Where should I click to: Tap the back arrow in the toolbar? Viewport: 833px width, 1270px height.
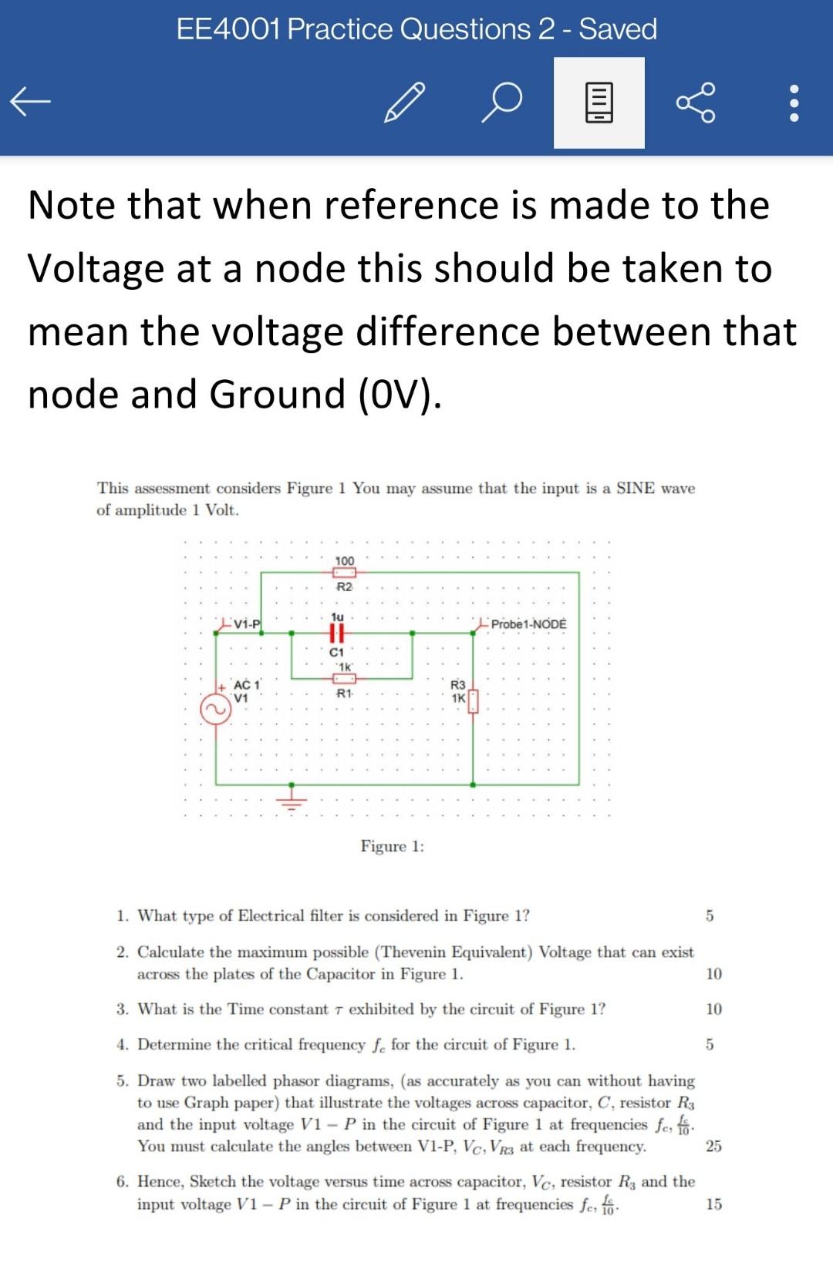coord(31,101)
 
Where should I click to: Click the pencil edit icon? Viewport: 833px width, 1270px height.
coord(404,102)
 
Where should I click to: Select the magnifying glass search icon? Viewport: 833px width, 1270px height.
coord(501,102)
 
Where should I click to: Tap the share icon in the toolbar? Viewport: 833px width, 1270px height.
coord(696,102)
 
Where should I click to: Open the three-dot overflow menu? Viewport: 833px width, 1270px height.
coord(794,102)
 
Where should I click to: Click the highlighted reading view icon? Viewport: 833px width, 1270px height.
coord(599,102)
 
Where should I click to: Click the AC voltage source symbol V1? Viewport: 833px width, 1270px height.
coord(216,711)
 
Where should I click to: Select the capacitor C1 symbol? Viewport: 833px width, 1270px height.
coord(336,633)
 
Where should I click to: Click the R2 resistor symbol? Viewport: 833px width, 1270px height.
coord(344,573)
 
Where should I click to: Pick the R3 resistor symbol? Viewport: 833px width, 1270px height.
coord(473,701)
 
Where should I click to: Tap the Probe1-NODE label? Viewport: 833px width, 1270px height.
coord(528,623)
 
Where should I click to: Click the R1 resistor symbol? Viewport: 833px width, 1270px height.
coord(344,678)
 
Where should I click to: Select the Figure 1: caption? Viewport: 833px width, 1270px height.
coord(392,846)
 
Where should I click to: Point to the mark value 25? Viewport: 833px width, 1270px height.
coord(713,1146)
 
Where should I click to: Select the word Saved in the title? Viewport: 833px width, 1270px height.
coord(618,29)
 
